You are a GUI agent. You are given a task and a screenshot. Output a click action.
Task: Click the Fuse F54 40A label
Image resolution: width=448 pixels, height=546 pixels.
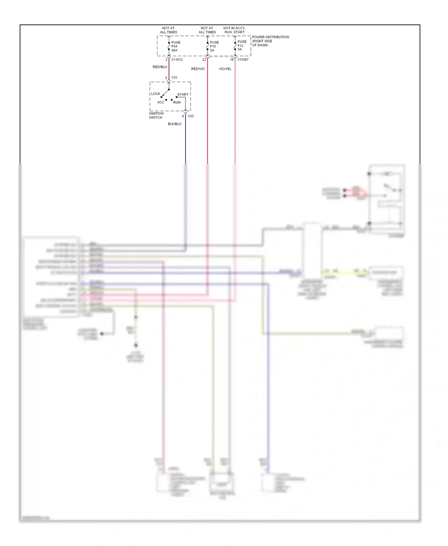[x=176, y=46]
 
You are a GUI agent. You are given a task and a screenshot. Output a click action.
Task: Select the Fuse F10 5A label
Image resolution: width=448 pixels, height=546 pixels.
[x=214, y=46]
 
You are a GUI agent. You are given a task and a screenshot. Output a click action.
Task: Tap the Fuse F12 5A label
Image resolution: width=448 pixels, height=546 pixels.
[x=242, y=45]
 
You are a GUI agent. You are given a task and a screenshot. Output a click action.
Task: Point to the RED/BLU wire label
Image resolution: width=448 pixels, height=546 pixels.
[x=160, y=67]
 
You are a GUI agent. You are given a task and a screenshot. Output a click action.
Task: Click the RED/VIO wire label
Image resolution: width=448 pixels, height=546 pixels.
[x=198, y=69]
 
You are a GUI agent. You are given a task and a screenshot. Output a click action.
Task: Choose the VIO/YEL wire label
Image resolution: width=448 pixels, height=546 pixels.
[x=225, y=69]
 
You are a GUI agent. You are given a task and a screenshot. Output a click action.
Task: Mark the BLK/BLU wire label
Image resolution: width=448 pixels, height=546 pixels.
[x=174, y=124]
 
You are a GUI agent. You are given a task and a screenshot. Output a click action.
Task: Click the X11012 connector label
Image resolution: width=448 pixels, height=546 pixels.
[x=177, y=60]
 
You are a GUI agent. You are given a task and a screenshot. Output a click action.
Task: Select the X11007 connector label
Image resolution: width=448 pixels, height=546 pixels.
[x=243, y=60]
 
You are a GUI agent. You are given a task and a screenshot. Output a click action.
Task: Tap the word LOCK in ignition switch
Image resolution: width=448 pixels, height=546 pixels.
[x=156, y=94]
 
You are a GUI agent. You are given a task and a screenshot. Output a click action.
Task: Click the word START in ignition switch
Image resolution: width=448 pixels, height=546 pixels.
[x=183, y=94]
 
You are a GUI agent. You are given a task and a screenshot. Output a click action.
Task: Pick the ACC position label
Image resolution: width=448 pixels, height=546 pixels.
[x=161, y=102]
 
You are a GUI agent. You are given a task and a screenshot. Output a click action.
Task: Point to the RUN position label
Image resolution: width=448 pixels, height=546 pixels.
[x=177, y=102]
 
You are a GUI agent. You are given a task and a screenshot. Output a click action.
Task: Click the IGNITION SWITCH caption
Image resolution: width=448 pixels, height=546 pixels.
[x=156, y=115]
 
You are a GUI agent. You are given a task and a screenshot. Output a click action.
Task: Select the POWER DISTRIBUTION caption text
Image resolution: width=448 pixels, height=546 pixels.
[x=270, y=41]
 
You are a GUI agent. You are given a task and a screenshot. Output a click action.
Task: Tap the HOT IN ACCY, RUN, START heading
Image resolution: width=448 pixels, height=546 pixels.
[x=234, y=30]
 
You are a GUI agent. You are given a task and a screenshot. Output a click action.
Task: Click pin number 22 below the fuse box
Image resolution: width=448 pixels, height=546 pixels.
[x=204, y=60]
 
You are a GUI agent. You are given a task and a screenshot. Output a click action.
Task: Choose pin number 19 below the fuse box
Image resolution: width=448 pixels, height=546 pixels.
[x=232, y=60]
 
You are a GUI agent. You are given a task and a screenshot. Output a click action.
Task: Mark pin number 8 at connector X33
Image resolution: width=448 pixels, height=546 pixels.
[x=183, y=116]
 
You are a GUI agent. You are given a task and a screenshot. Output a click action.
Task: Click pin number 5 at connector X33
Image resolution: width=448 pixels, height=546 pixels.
[x=166, y=78]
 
